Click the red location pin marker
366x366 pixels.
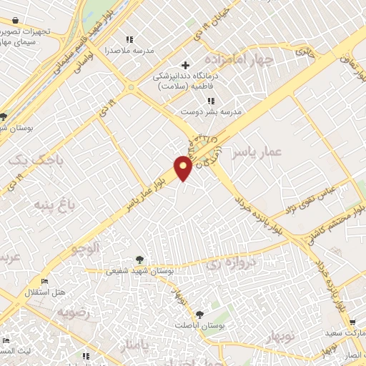tap(184, 168)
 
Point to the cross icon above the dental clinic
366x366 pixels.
tap(186, 65)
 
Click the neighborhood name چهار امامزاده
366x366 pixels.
tap(234, 59)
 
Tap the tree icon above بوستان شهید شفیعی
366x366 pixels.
tap(139, 260)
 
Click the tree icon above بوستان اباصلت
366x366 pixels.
tap(199, 315)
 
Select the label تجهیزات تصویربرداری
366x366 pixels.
tap(29, 31)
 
